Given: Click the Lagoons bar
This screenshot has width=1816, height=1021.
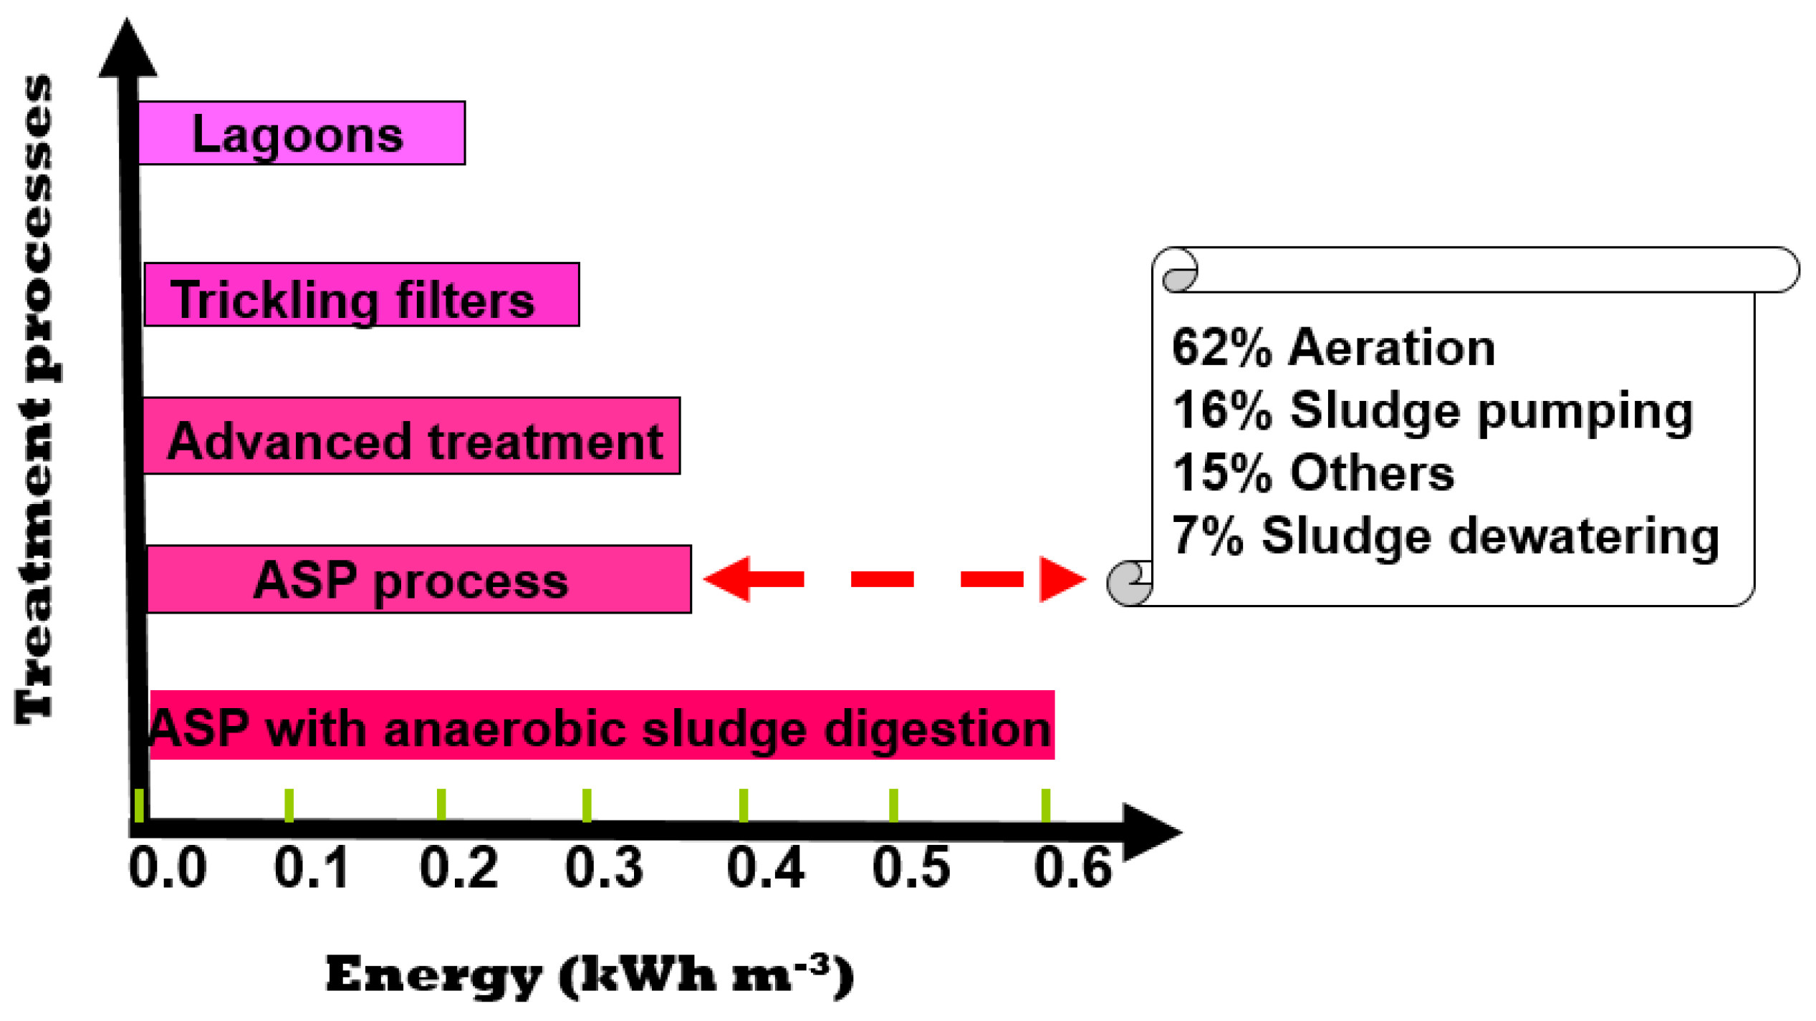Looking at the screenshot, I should (x=301, y=133).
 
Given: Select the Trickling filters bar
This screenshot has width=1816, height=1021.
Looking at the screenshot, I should (x=362, y=294).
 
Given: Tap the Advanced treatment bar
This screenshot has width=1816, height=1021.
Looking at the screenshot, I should (x=411, y=435).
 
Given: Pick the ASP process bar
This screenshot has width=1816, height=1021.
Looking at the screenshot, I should (x=418, y=579).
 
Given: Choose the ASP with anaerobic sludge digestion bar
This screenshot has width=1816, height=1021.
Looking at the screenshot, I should (x=602, y=725).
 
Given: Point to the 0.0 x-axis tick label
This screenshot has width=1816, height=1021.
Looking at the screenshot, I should (x=168, y=868).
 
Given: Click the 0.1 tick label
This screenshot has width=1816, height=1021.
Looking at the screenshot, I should (x=312, y=868).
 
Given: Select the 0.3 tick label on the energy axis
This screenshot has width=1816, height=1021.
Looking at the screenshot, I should (x=604, y=868).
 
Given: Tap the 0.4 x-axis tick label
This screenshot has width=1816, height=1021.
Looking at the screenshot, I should (x=765, y=868).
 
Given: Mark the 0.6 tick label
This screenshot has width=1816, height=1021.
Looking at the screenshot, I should (x=1072, y=868).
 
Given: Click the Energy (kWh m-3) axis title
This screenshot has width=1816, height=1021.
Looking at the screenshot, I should (x=589, y=975).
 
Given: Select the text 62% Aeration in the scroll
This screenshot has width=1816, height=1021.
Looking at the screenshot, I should (x=1333, y=348).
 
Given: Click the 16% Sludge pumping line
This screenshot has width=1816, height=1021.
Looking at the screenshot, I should (x=1432, y=411).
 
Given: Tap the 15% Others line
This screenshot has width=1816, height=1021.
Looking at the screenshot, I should (x=1313, y=473).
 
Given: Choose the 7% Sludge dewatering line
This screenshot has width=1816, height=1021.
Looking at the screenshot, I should (x=1445, y=536).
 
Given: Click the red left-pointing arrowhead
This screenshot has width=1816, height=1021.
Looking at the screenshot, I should (x=727, y=579).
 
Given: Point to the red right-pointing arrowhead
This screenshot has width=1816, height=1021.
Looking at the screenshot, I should (x=1062, y=579).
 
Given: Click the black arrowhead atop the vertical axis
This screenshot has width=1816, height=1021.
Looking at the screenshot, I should (x=128, y=50).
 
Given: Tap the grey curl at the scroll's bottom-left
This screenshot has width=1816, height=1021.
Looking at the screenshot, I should (x=1128, y=584).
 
